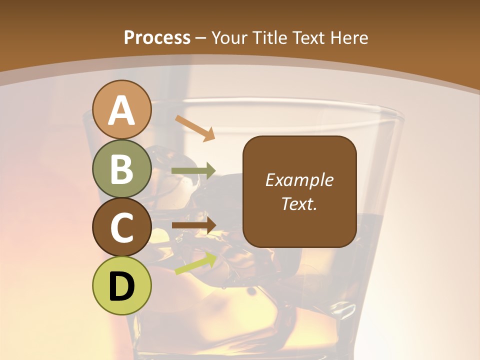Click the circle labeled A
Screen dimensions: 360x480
click(122, 109)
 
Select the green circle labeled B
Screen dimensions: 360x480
click(122, 169)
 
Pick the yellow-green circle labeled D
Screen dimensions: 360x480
click(122, 285)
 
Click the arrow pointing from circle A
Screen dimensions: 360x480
click(195, 128)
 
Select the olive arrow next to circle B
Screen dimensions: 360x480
click(193, 170)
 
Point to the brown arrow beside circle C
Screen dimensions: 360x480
click(193, 225)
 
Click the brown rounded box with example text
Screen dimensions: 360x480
click(299, 191)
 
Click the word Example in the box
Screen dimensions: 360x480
click(299, 180)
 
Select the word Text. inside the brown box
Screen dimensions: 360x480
click(299, 203)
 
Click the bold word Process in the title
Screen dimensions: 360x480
click(157, 37)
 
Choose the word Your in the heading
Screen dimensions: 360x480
click(228, 37)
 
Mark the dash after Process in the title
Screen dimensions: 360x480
click(201, 37)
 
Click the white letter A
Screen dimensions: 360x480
click(122, 110)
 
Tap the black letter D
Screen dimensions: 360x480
click(122, 286)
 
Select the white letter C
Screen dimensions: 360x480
click(122, 227)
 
